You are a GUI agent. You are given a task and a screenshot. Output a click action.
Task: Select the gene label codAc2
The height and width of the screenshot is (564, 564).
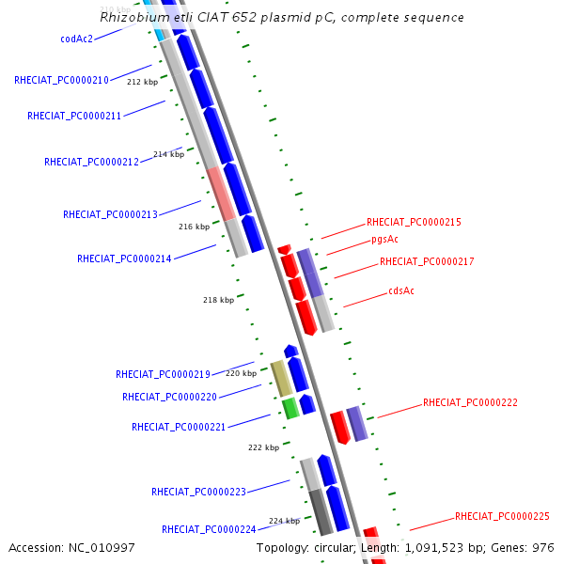[76, 39]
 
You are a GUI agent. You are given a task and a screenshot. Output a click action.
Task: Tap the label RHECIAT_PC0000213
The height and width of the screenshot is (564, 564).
[110, 214]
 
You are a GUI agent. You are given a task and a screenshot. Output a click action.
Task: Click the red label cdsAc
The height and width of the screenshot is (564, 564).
[401, 290]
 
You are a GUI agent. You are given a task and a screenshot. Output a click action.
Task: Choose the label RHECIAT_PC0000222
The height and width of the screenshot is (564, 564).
[470, 402]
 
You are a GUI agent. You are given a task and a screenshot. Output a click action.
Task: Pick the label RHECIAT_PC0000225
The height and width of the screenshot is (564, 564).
[502, 516]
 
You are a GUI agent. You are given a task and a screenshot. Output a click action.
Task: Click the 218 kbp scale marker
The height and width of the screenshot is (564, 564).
[218, 300]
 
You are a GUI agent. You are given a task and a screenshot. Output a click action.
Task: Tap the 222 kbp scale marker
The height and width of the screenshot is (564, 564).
[263, 447]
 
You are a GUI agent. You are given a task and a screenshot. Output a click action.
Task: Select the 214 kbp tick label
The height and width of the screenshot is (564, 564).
[168, 154]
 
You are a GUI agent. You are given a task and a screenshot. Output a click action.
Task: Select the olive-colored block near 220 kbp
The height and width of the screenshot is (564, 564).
[281, 378]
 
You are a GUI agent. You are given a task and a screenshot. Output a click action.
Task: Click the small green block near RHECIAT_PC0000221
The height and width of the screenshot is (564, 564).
[290, 407]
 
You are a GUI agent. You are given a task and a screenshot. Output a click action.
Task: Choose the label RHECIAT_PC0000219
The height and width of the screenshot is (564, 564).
[163, 374]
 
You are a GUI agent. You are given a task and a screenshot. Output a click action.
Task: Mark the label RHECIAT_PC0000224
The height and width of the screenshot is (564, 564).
[209, 529]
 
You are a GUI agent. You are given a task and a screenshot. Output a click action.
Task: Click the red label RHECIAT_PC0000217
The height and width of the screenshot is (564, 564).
[427, 261]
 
